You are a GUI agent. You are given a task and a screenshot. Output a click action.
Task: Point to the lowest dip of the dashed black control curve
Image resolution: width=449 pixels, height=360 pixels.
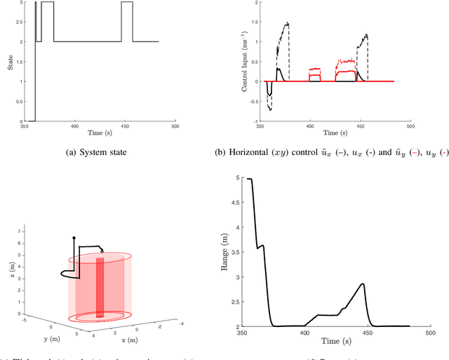point(271,109)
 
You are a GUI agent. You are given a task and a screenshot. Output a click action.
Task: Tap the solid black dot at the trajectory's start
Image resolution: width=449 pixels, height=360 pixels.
point(74,238)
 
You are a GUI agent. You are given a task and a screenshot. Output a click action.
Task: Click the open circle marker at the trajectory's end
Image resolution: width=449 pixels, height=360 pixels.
point(102,250)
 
